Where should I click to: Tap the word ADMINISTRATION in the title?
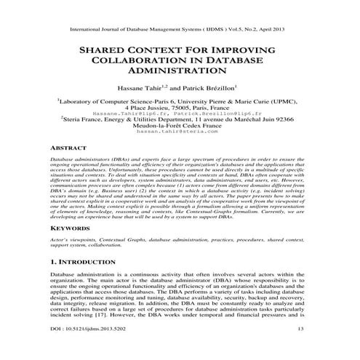179,73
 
